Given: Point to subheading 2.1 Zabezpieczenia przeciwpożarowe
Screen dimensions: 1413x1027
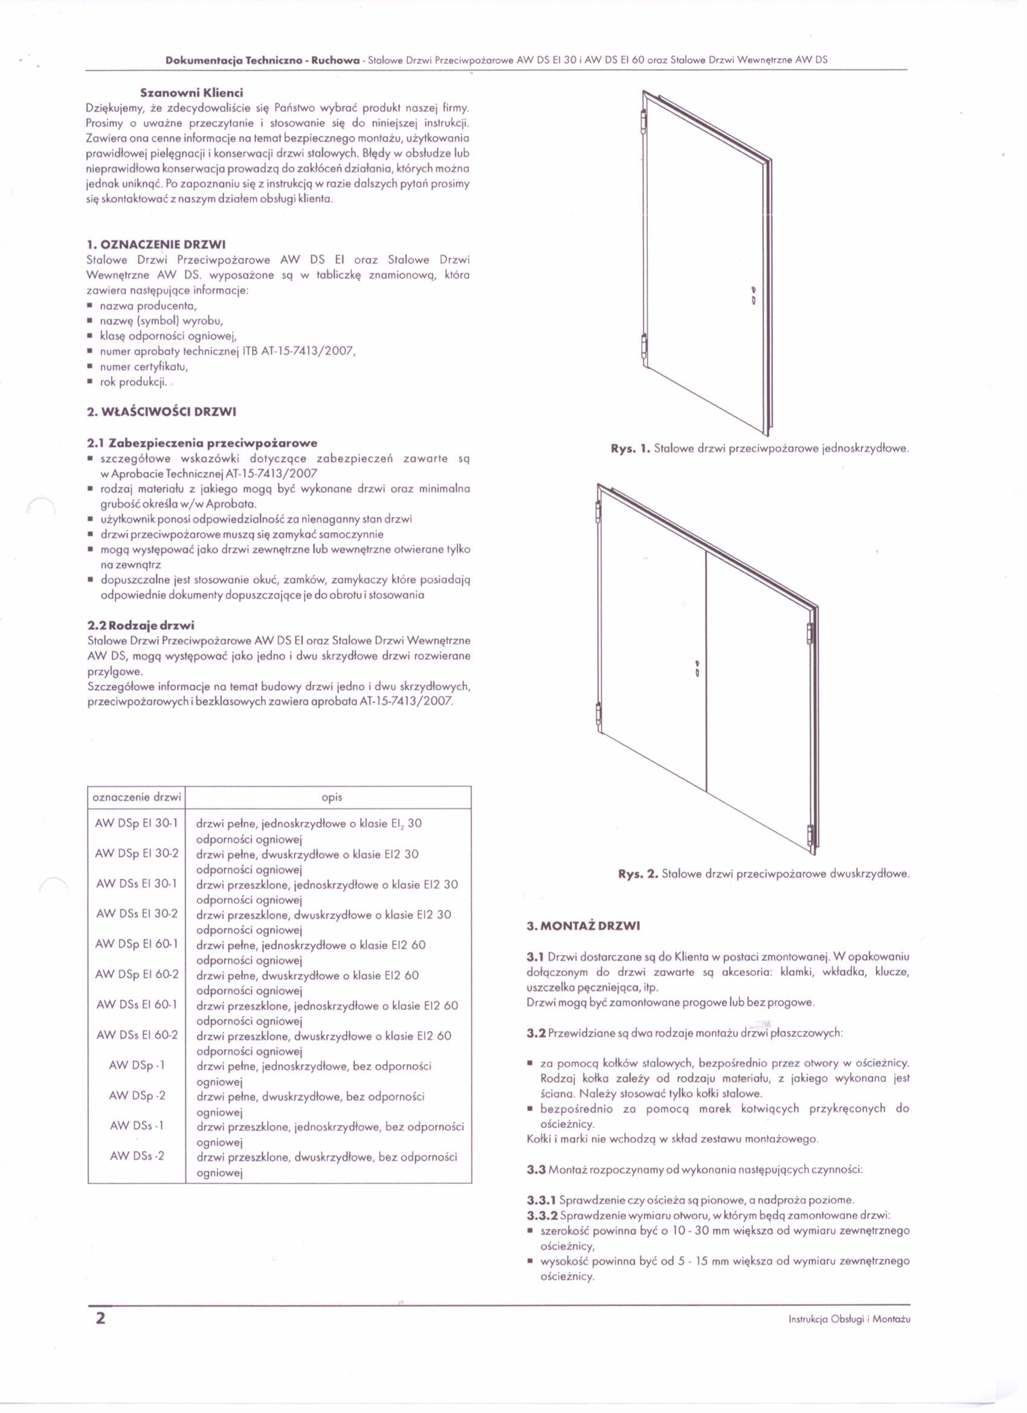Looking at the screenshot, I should pos(202,443).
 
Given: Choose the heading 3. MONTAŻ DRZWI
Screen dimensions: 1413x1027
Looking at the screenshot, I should pos(583,926).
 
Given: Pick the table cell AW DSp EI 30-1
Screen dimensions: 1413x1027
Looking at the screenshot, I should pos(137,824).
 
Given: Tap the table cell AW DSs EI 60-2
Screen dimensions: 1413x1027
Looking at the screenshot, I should pos(137,1035).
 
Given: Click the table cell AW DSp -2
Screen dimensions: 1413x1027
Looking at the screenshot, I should pos(137,1095).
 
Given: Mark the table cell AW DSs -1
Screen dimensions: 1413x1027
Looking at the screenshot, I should pos(137,1125).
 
